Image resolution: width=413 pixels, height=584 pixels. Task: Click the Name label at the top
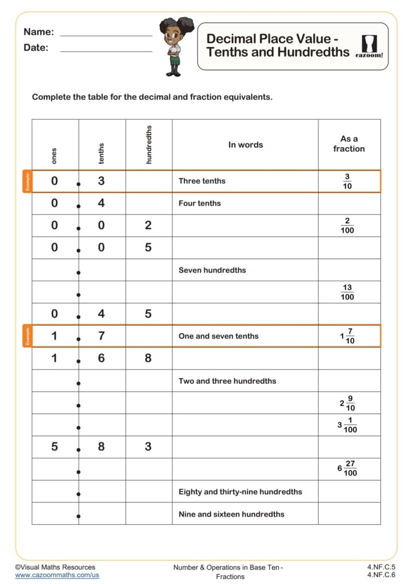coord(39,32)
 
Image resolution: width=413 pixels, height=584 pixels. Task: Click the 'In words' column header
coord(245,145)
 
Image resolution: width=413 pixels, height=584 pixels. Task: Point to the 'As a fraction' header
coord(349,144)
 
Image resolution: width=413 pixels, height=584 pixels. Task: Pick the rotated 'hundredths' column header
coord(149,145)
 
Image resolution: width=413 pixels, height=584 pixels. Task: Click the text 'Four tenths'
coord(200,204)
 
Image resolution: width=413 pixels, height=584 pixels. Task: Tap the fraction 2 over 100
coord(347,226)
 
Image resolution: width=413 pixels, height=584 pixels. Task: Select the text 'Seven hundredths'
coord(212,270)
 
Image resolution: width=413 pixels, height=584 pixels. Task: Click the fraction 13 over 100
coord(347,292)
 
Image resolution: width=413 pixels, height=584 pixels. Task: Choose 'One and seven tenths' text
coord(218,336)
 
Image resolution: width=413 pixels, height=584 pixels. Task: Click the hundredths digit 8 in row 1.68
coord(148,358)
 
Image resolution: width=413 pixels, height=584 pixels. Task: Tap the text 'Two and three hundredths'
coord(227,381)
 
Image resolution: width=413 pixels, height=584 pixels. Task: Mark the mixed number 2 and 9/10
coord(347,403)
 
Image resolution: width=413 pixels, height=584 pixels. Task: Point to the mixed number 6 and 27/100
coord(347,469)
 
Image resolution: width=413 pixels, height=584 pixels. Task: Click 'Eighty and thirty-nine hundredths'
coord(240,492)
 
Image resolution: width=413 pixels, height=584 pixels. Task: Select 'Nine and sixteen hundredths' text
coord(231,514)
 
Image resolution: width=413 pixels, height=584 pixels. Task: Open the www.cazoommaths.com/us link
coord(57,576)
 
